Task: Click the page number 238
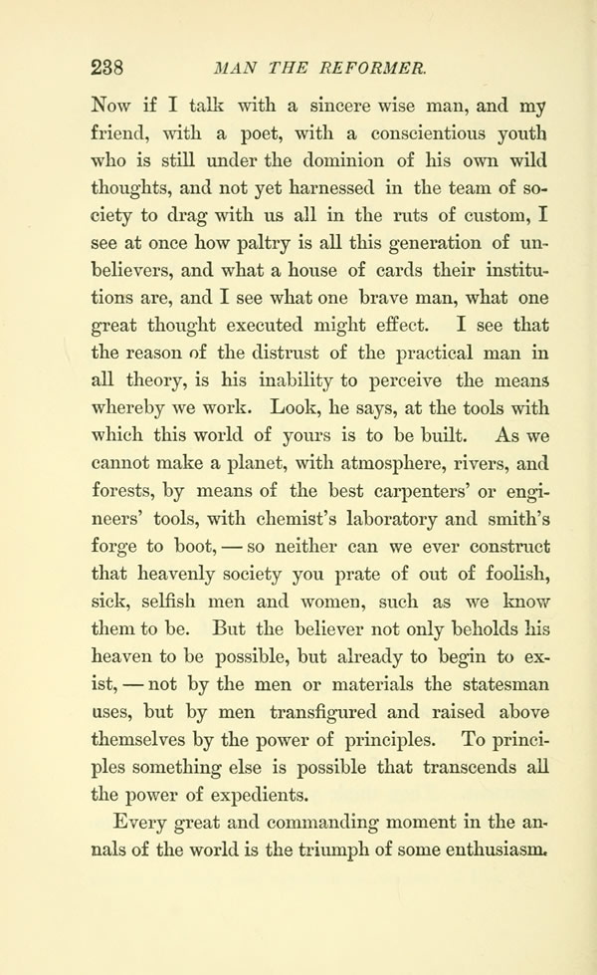point(105,67)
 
